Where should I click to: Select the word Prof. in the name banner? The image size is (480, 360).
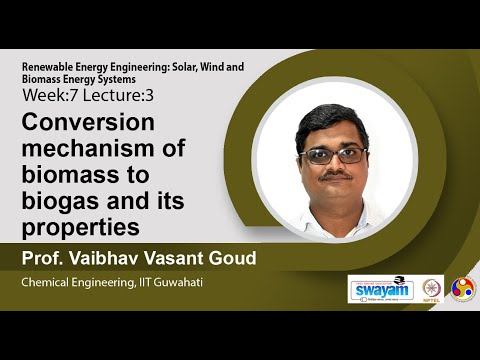click(41, 259)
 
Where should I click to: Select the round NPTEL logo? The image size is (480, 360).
click(433, 288)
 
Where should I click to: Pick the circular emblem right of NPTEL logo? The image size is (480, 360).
click(463, 288)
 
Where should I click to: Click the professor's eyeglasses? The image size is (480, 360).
click(334, 155)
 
